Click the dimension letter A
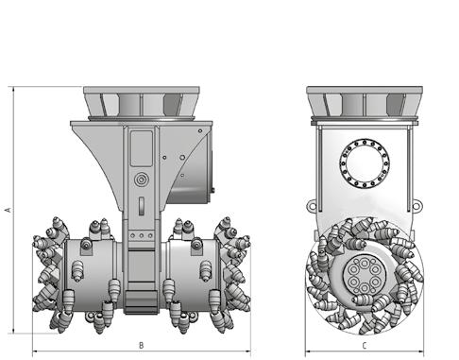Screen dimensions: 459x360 [x=8, y=209]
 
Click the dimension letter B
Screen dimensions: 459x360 [x=142, y=346]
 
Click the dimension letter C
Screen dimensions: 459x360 [x=365, y=346]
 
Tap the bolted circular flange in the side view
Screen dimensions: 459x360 [x=365, y=163]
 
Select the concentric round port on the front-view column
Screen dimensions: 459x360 [x=142, y=180]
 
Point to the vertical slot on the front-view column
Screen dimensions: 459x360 [x=142, y=206]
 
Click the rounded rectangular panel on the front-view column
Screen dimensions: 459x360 [x=142, y=148]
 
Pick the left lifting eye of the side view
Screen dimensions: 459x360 [x=312, y=206]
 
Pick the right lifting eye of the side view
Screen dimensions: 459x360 [x=416, y=207]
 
